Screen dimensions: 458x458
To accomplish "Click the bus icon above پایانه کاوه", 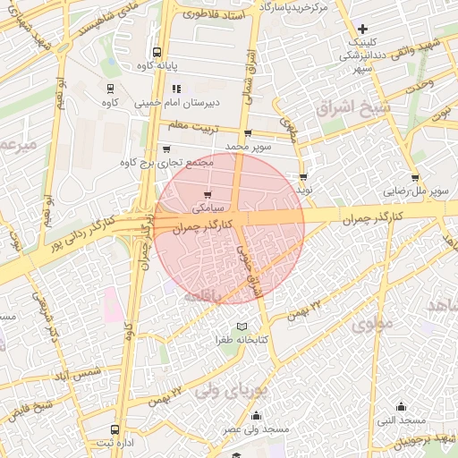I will tap(157, 52).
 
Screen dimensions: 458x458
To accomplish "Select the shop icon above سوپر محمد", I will tap(248, 132).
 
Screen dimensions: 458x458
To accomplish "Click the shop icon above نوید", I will tap(304, 177).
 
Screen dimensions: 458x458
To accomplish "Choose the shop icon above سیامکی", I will tap(208, 194).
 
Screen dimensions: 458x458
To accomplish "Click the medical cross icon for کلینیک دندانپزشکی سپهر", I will tap(362, 30).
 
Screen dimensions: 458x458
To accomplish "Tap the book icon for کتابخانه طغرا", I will tap(240, 327).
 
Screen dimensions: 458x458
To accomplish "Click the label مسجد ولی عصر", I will tap(258, 430).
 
